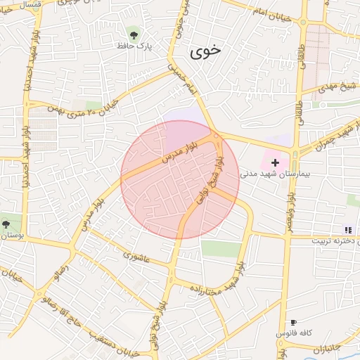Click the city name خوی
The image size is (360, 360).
tap(205, 51)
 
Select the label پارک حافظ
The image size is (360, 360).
tap(135, 46)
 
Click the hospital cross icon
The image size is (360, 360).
tap(275, 162)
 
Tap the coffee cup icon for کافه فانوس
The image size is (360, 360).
tap(293, 322)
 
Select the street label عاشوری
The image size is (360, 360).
tap(136, 256)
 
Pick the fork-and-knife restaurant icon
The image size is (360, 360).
tap(347, 230)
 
